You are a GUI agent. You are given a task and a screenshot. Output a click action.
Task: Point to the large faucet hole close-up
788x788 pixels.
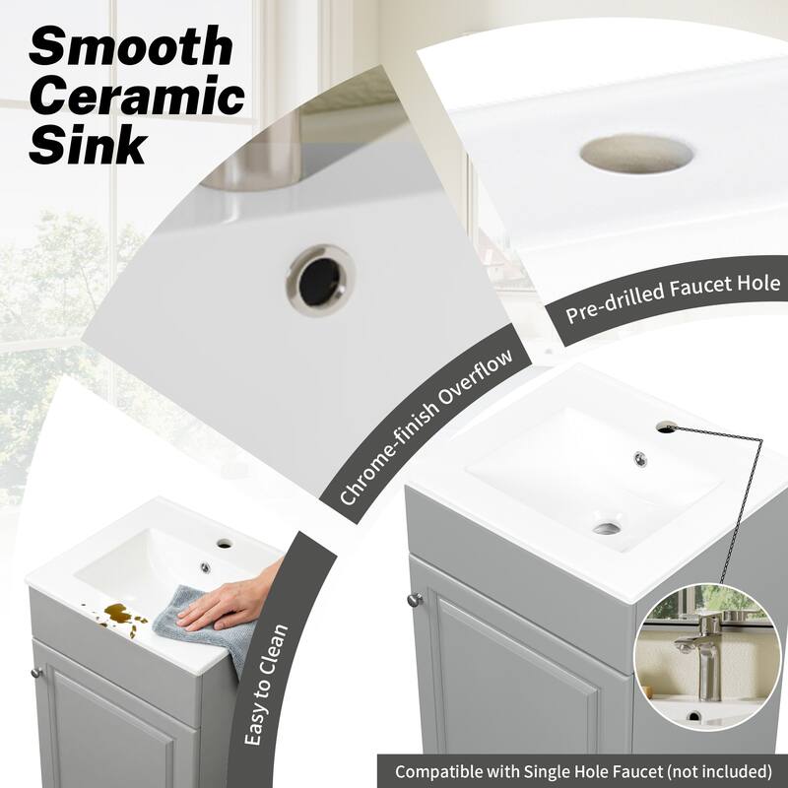coord(635,154)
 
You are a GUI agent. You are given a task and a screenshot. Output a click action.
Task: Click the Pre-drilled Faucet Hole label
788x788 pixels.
coord(673,298)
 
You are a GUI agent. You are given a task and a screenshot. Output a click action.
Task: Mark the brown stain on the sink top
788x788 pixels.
coord(124,617)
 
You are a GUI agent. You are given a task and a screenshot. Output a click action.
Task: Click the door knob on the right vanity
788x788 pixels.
coord(415,599)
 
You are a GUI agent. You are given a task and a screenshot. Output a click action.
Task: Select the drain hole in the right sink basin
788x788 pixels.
coord(607,529)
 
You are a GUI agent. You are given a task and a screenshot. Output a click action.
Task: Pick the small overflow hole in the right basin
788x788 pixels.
coord(640,458)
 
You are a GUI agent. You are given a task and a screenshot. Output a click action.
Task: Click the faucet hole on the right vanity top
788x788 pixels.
coord(668,426)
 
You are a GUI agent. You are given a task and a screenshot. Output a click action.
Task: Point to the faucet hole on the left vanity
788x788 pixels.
coord(225,543)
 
